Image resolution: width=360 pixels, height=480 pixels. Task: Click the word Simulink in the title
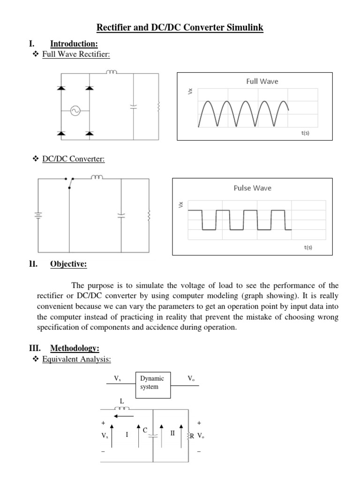[243, 28]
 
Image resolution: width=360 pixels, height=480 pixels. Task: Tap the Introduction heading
[74, 44]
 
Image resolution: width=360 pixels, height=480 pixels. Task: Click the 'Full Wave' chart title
[262, 82]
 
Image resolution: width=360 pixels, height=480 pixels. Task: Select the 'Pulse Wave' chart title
[252, 188]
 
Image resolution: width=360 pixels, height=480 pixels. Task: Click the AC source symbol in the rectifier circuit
[75, 111]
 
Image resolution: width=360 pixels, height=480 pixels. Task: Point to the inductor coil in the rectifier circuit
[112, 72]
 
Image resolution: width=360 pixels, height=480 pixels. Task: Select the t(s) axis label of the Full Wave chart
[305, 133]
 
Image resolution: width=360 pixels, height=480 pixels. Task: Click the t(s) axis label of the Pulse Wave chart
[308, 247]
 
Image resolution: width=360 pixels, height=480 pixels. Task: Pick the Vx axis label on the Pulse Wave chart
[181, 204]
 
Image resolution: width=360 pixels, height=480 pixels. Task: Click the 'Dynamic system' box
[153, 382]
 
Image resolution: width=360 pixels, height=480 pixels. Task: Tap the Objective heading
[68, 264]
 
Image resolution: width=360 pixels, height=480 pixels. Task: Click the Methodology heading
[75, 348]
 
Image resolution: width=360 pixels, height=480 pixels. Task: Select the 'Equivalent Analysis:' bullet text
[77, 359]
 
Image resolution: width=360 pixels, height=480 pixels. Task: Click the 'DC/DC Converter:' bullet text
[74, 159]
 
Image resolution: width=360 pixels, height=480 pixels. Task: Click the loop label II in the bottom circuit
[172, 433]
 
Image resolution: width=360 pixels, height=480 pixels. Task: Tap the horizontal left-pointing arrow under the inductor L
[124, 415]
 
